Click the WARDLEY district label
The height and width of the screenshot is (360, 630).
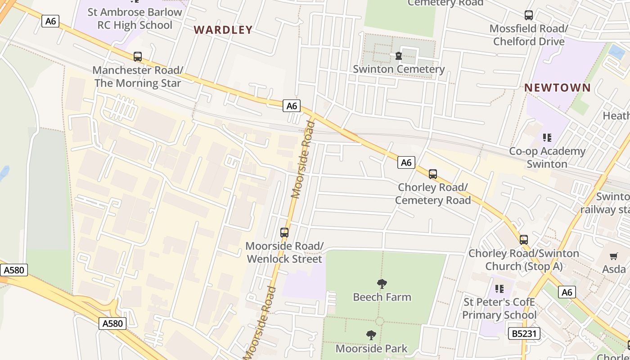[223, 30]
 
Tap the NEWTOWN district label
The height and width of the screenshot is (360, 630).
[558, 88]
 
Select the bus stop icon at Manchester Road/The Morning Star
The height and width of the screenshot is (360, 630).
[138, 57]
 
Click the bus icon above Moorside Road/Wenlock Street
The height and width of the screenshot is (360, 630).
[284, 233]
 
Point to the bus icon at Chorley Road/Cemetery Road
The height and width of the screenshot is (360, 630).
[433, 174]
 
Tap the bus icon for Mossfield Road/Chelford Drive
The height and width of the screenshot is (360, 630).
[529, 15]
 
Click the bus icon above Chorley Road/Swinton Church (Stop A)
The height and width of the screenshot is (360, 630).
[524, 239]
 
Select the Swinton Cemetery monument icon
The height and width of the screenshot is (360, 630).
[398, 56]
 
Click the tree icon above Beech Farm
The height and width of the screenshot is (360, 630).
[382, 283]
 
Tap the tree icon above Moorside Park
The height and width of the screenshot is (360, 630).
[371, 335]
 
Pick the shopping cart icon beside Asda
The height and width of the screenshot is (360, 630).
[614, 256]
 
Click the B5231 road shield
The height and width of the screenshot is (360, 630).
[524, 333]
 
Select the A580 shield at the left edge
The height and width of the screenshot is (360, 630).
[14, 270]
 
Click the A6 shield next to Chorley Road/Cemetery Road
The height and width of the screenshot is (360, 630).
[406, 162]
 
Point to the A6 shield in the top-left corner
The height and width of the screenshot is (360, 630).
[50, 21]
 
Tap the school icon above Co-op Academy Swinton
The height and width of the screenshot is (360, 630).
[547, 137]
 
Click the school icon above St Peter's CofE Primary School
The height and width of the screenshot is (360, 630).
[499, 288]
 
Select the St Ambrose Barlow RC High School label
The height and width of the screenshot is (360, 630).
[135, 18]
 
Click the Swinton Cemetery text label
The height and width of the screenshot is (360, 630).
[399, 69]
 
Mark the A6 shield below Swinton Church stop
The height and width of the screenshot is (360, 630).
[567, 292]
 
